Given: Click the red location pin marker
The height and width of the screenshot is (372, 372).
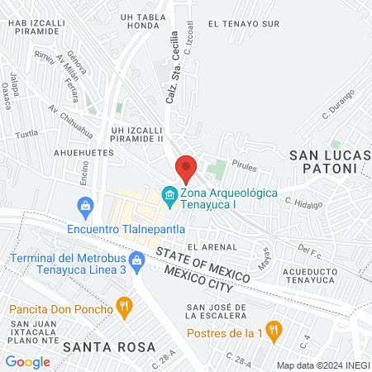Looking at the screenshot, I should coord(186,169).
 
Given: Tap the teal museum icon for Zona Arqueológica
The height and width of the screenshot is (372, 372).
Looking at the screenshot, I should coord(169,197).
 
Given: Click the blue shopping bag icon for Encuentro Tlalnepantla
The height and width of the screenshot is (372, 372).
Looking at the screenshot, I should coord(83,206).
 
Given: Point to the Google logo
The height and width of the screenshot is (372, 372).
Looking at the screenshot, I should coord(27,361).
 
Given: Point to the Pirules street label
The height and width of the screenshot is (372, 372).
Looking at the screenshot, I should coord(244,165).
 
